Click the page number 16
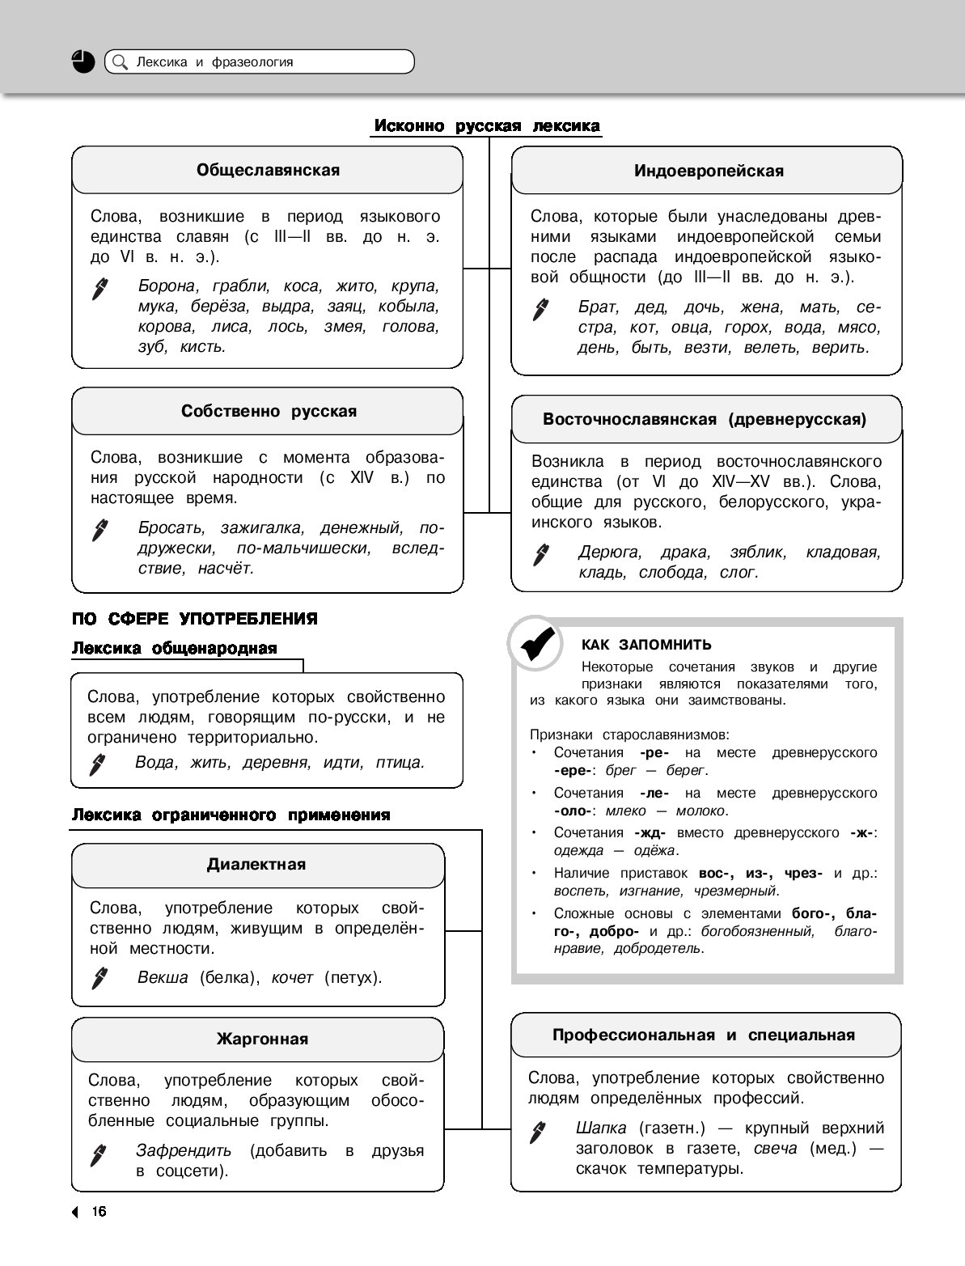[x=99, y=1211]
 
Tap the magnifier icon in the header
[x=120, y=62]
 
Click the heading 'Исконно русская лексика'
[x=486, y=126]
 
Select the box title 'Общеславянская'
[x=268, y=171]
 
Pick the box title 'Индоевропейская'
[x=709, y=171]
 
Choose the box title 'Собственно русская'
[x=269, y=411]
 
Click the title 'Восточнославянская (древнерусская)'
[x=705, y=419]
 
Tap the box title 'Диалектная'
[x=256, y=864]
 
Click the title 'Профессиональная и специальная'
[x=704, y=1035]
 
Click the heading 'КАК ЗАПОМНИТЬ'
[x=646, y=645]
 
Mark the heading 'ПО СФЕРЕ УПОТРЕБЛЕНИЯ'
[x=195, y=619]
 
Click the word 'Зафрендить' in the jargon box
[x=184, y=1150]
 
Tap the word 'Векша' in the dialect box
[x=163, y=977]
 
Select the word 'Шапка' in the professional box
[x=601, y=1128]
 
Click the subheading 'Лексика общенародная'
[x=175, y=648]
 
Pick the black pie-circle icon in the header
[x=83, y=61]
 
